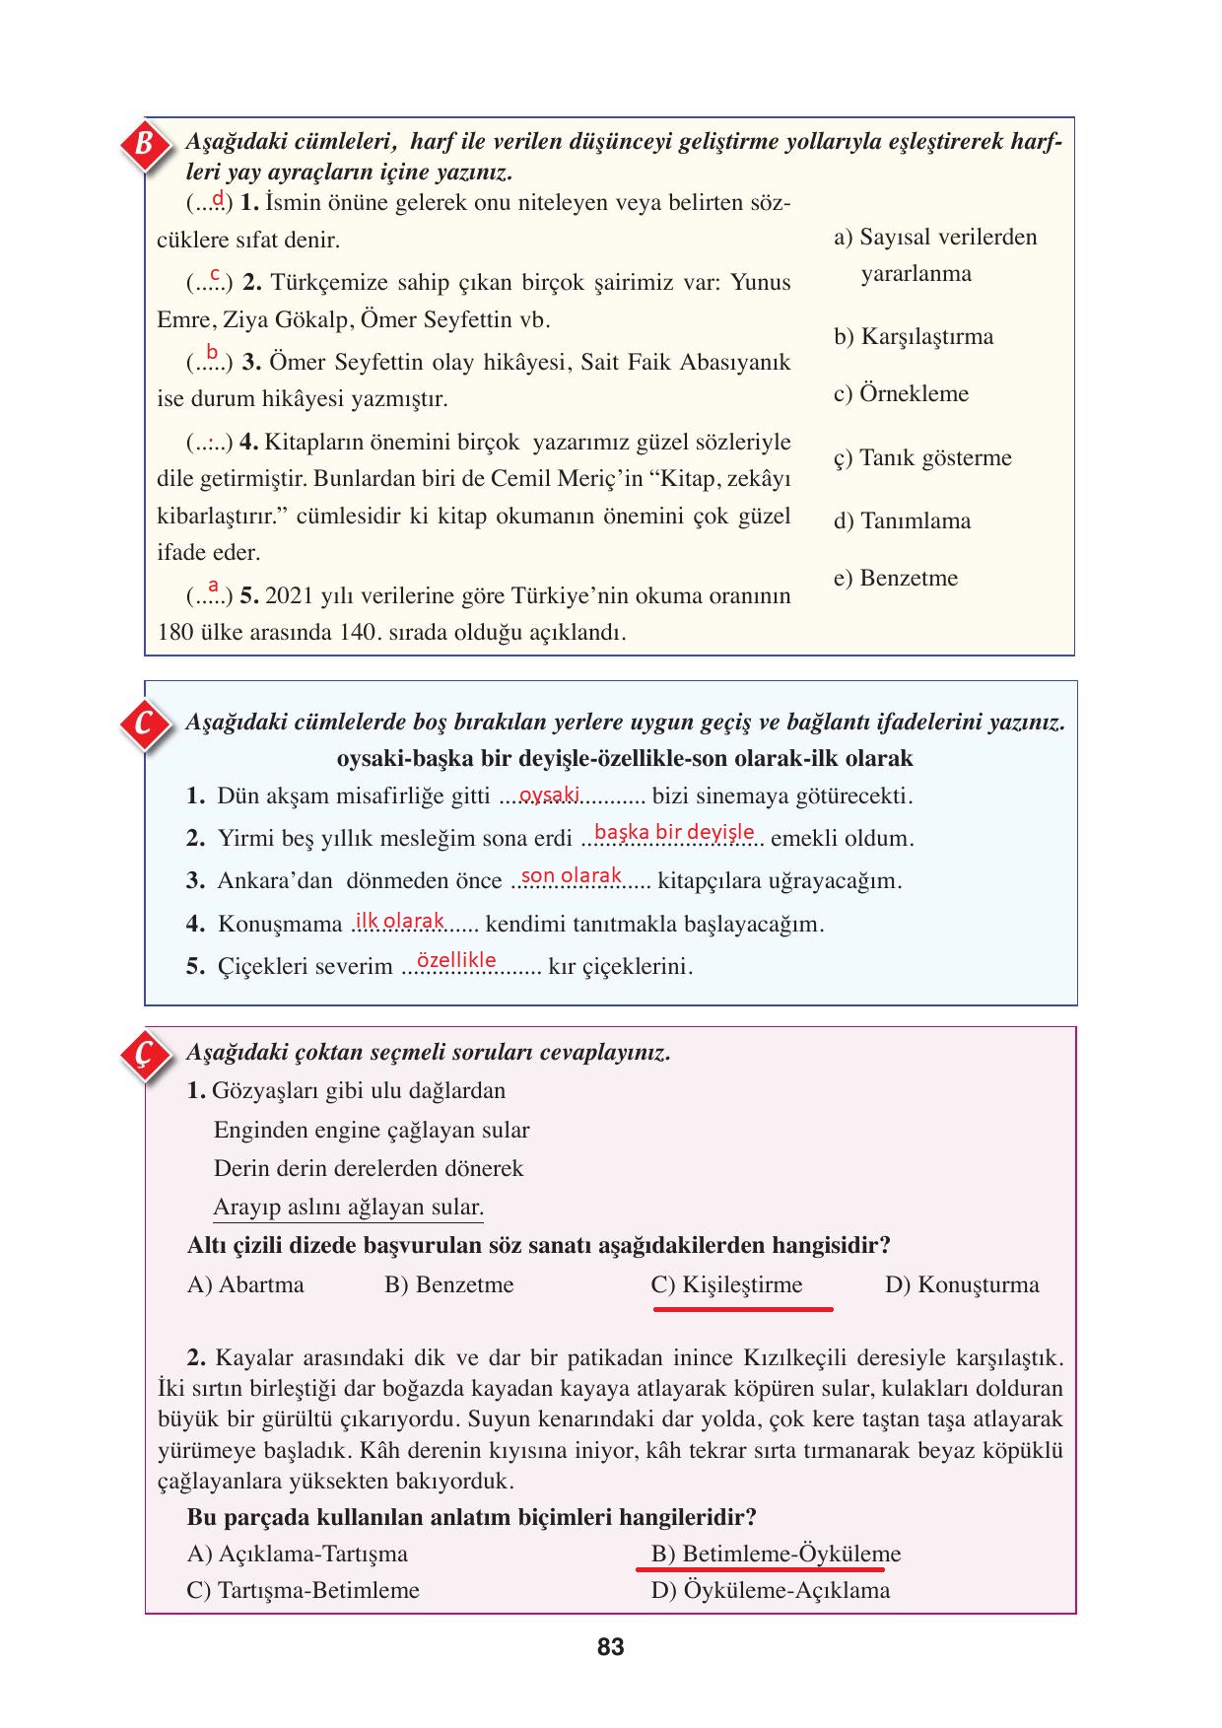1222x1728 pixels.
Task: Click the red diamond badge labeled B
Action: (x=145, y=145)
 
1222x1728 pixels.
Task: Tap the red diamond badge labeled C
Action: (x=144, y=725)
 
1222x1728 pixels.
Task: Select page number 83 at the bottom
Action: (x=610, y=1647)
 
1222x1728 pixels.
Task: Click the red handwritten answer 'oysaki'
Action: (x=549, y=795)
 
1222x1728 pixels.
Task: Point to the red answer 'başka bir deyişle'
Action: (x=675, y=832)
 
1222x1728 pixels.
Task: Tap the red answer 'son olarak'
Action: (x=572, y=875)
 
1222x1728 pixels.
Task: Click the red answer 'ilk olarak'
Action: (x=400, y=921)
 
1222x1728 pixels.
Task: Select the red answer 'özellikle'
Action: (x=456, y=960)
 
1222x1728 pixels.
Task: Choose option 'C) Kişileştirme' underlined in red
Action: (x=727, y=1285)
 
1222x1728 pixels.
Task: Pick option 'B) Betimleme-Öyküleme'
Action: (x=776, y=1555)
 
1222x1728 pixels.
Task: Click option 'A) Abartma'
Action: (x=245, y=1285)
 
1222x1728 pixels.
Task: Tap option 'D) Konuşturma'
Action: (x=962, y=1285)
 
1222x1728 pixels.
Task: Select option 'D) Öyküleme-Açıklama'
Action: (x=770, y=1591)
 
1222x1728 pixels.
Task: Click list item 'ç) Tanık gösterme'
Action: (x=922, y=458)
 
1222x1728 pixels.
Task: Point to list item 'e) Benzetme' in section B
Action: (x=895, y=579)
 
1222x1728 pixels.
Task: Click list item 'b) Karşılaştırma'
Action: (x=914, y=337)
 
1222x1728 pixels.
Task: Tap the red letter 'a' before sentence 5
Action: (x=213, y=586)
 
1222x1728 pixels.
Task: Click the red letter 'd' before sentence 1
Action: (x=218, y=199)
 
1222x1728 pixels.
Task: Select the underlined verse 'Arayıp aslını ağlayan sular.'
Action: (x=348, y=1208)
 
